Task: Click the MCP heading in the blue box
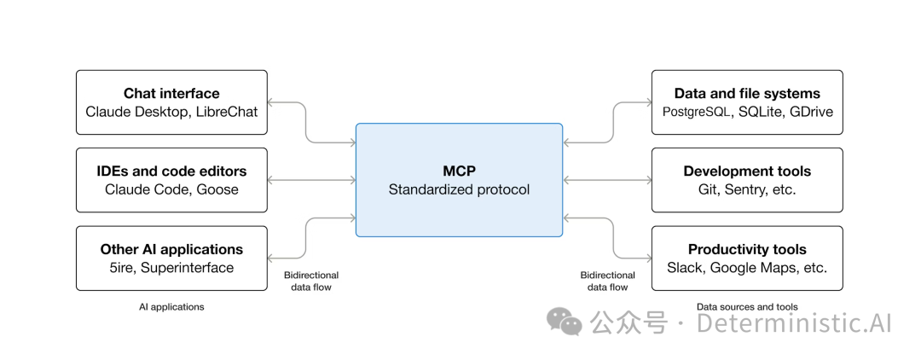[x=459, y=171]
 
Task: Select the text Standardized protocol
[x=459, y=189]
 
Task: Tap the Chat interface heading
[x=171, y=94]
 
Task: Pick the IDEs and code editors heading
[x=171, y=171]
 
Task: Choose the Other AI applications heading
[x=171, y=250]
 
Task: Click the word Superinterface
[x=187, y=268]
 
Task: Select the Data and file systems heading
[x=747, y=94]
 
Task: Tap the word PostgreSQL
[x=696, y=112]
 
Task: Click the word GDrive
[x=811, y=112]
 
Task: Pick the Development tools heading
[x=747, y=171]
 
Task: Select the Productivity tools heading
[x=747, y=250]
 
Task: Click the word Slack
[x=684, y=268]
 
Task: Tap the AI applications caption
[x=171, y=307]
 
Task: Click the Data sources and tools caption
[x=747, y=307]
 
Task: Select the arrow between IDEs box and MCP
[x=311, y=180]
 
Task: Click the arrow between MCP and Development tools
[x=607, y=180]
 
